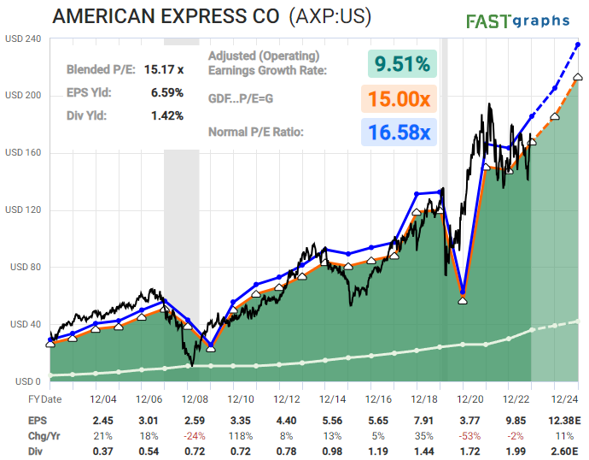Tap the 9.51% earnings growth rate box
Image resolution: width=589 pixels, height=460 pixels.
[401, 64]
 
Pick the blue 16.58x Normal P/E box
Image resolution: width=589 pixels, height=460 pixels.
[401, 133]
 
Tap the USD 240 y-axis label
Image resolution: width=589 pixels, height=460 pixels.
[24, 38]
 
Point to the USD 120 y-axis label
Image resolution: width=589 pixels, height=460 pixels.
[24, 210]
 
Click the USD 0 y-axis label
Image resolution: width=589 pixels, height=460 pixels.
[18, 381]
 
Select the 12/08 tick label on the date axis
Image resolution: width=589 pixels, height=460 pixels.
[194, 399]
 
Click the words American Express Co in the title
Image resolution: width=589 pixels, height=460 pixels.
[166, 17]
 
